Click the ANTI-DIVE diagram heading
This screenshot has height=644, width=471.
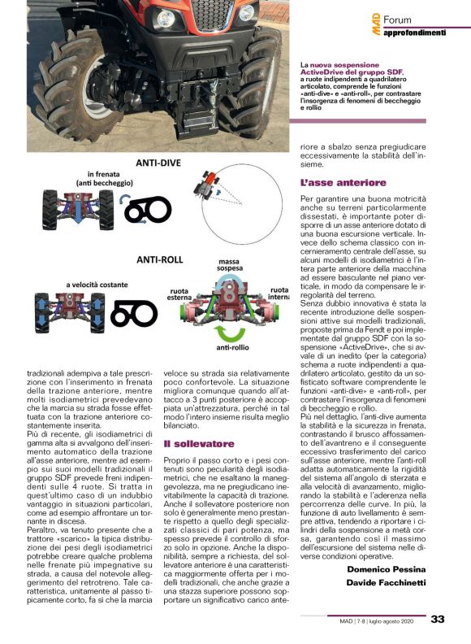point(158,163)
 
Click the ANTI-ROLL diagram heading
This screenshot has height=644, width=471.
point(159,261)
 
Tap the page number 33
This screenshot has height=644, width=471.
point(438,620)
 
